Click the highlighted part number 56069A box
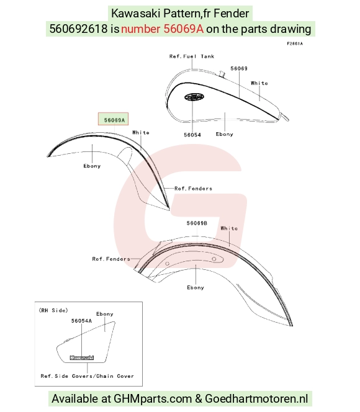tap(113, 119)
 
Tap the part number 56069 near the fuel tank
tap(239, 69)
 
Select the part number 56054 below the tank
tap(192, 135)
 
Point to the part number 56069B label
tap(197, 223)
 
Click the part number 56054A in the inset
tap(81, 321)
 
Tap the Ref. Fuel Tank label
tap(192, 56)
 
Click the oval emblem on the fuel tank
tap(194, 97)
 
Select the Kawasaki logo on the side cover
tap(82, 357)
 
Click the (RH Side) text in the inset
tap(53, 310)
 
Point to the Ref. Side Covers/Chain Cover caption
tap(88, 376)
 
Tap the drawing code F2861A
tap(295, 43)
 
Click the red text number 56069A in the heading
tap(163, 29)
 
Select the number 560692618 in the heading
tap(79, 29)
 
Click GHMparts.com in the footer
tap(153, 398)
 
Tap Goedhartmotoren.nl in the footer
tap(256, 398)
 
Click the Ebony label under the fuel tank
tap(225, 134)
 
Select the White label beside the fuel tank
tap(259, 83)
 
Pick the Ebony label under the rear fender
tap(196, 287)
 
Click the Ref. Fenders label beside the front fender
tap(193, 189)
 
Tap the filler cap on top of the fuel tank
tap(222, 74)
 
